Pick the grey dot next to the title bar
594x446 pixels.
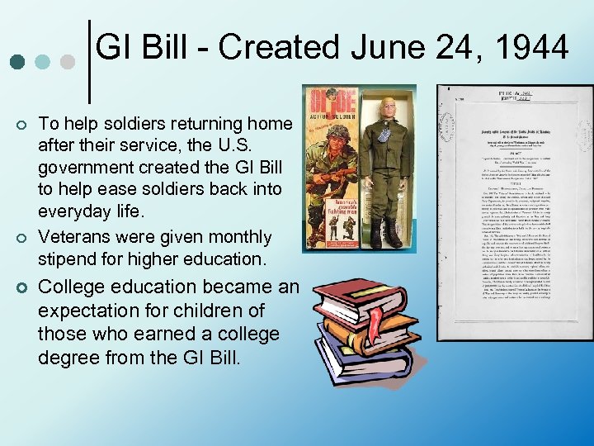click(x=68, y=62)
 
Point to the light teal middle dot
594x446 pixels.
click(x=42, y=62)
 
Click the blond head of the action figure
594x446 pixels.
click(x=387, y=107)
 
